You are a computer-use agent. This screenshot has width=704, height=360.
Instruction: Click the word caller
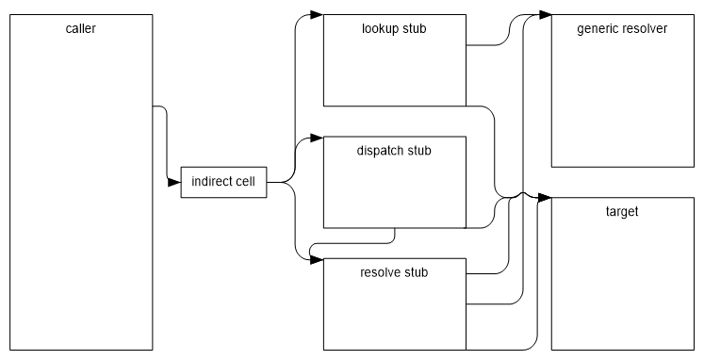(x=82, y=29)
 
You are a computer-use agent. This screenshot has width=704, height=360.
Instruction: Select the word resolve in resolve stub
(x=380, y=272)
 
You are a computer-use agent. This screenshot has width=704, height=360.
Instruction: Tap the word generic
(x=597, y=28)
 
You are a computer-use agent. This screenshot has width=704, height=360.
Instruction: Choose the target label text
(x=622, y=211)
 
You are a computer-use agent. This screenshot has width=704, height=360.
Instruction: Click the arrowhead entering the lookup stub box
(x=317, y=14)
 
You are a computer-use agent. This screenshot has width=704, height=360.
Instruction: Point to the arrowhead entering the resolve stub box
(x=317, y=259)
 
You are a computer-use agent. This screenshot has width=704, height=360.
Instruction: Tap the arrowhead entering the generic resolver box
(x=545, y=14)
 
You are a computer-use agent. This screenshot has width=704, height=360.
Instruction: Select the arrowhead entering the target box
(x=545, y=198)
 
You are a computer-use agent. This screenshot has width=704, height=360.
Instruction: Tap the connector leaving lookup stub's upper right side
(x=490, y=44)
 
